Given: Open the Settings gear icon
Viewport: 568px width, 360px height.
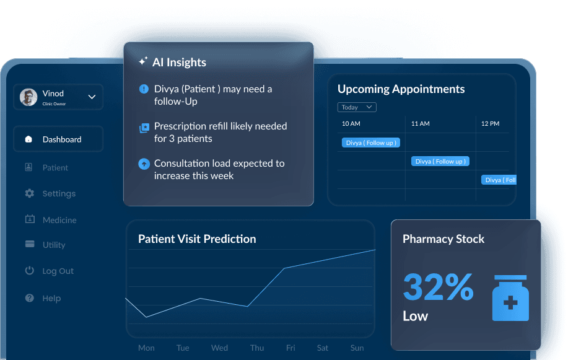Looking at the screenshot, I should [x=29, y=193].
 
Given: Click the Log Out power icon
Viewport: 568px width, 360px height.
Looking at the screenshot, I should [x=29, y=271].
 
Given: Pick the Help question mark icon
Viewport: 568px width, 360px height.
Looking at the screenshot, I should [x=29, y=298].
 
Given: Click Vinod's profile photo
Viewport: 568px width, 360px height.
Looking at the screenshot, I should [x=28, y=97].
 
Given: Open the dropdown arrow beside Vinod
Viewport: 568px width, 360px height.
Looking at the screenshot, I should [x=92, y=97].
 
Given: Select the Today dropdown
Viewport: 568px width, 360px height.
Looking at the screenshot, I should [x=357, y=107].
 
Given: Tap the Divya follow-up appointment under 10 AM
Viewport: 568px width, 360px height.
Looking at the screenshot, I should [x=371, y=143].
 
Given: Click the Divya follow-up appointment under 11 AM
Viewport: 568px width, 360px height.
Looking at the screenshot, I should [x=440, y=161].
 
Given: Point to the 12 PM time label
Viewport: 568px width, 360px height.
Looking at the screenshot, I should [x=490, y=124].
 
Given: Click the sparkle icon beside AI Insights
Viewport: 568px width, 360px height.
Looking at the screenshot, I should [x=143, y=61].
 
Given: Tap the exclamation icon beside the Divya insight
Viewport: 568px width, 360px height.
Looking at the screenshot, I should [x=144, y=89].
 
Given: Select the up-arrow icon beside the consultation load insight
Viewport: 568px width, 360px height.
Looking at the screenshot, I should [x=144, y=164].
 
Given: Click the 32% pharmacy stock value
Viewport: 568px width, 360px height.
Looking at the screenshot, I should [x=438, y=287].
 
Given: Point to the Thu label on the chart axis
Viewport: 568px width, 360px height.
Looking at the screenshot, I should [x=257, y=348].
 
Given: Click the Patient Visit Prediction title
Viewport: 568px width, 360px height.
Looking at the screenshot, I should [x=197, y=239].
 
